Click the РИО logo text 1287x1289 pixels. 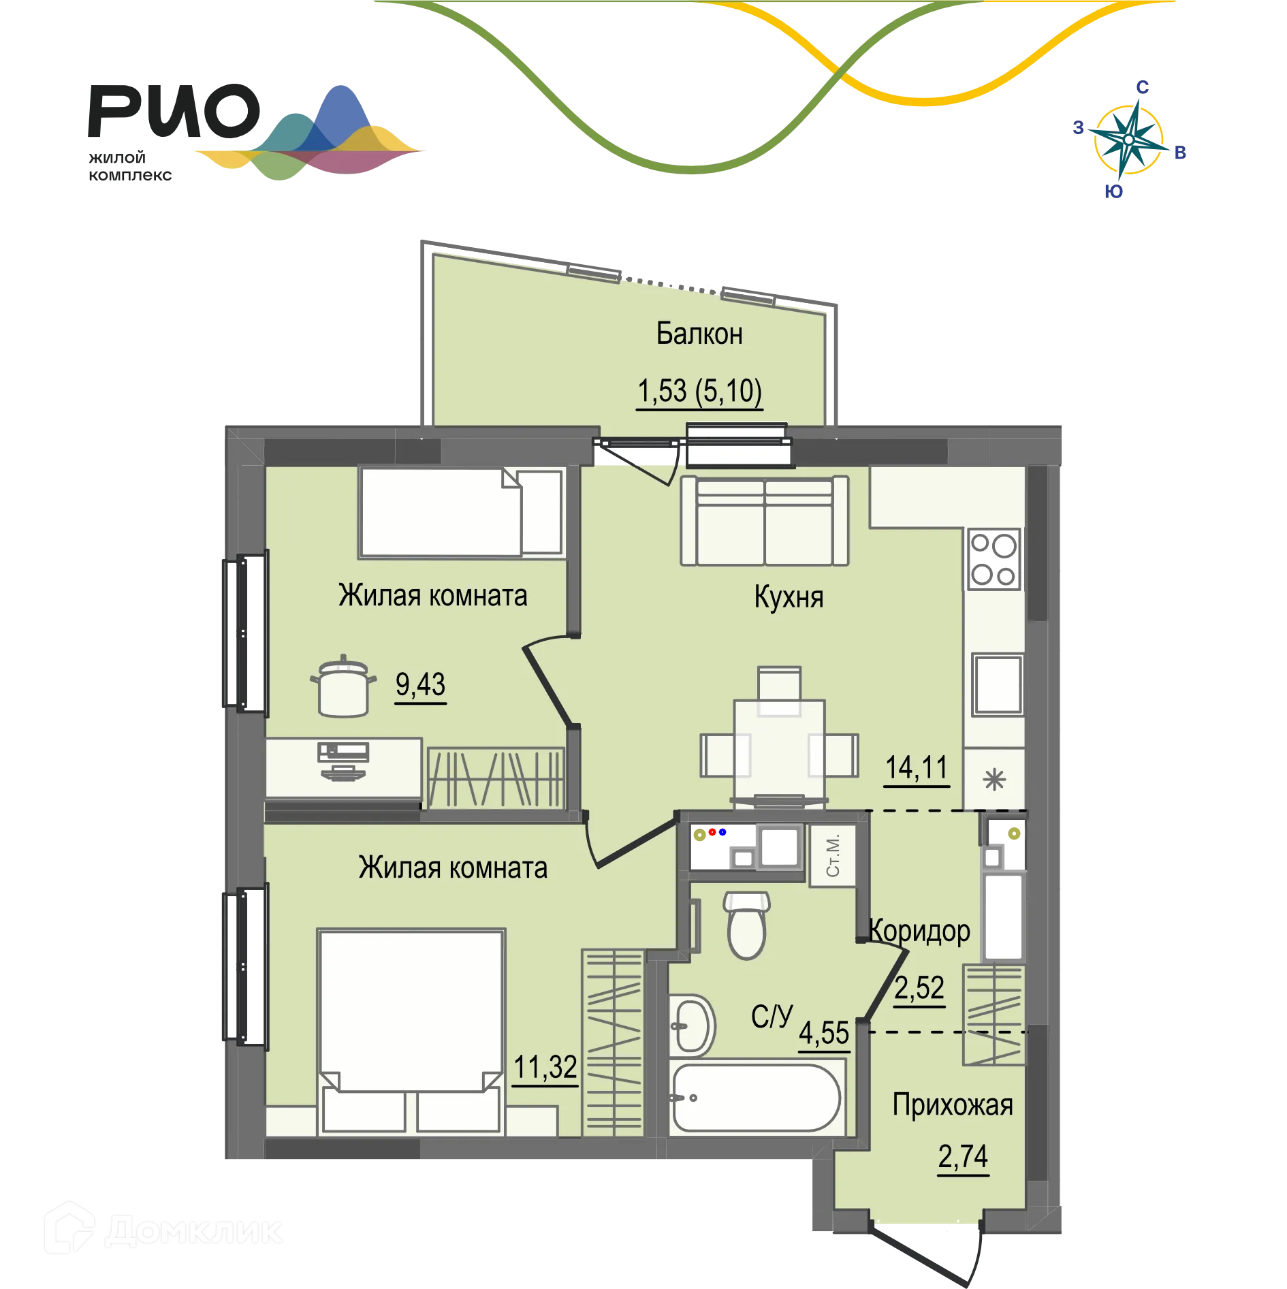click(x=174, y=111)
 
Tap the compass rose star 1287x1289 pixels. click(x=1128, y=140)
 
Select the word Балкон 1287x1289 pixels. click(x=699, y=334)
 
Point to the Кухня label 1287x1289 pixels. click(x=789, y=597)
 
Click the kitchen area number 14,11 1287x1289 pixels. click(x=917, y=767)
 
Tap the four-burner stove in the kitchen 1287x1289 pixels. click(x=994, y=559)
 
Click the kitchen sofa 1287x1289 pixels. click(x=765, y=521)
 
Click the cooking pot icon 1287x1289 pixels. click(x=343, y=686)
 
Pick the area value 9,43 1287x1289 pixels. click(x=421, y=684)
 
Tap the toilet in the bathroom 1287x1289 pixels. click(x=747, y=925)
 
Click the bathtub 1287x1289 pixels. click(x=756, y=1097)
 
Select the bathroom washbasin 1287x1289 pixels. click(x=692, y=1025)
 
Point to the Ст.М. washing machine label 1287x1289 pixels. click(x=832, y=855)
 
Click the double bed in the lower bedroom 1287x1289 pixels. click(x=411, y=1032)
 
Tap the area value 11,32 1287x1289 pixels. click(x=545, y=1067)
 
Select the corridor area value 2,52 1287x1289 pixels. click(x=919, y=987)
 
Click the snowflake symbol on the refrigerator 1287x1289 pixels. click(x=994, y=779)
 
